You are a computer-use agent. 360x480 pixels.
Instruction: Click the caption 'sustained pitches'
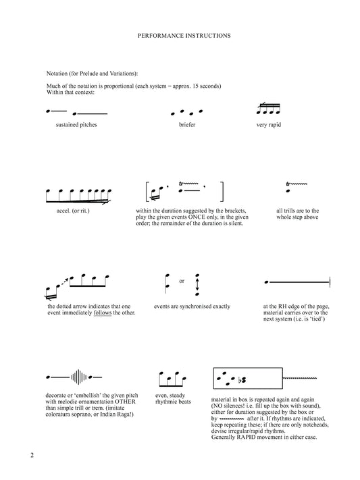tap(77, 126)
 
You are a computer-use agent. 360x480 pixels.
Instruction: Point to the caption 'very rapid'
tap(270, 126)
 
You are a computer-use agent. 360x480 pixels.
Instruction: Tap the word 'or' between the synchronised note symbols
tap(181, 282)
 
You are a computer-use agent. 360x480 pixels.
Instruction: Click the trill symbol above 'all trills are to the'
tap(298, 184)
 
